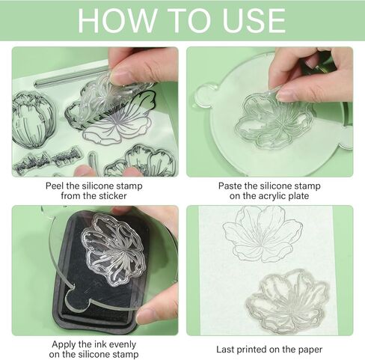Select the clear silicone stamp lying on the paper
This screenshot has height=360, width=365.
288,299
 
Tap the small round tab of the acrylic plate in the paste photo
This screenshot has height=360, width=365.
202,94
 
